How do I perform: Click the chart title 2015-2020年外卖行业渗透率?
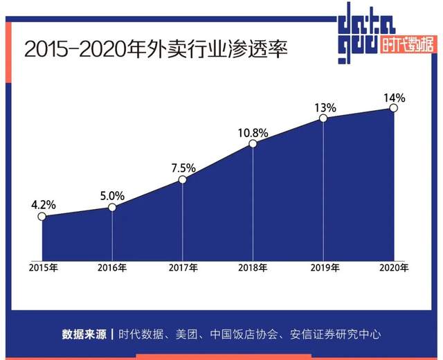coord(155,50)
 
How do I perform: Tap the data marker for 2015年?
coord(42,217)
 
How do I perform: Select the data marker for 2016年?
coord(113,206)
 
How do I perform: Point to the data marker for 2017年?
coord(183,179)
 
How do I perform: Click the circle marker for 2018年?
coord(253,143)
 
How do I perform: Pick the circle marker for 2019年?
coord(323,118)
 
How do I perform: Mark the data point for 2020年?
coord(394,108)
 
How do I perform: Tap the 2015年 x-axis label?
coord(43,267)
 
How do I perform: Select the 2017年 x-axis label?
coord(183,267)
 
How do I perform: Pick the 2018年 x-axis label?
coord(253,267)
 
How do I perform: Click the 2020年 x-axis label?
coord(393,267)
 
